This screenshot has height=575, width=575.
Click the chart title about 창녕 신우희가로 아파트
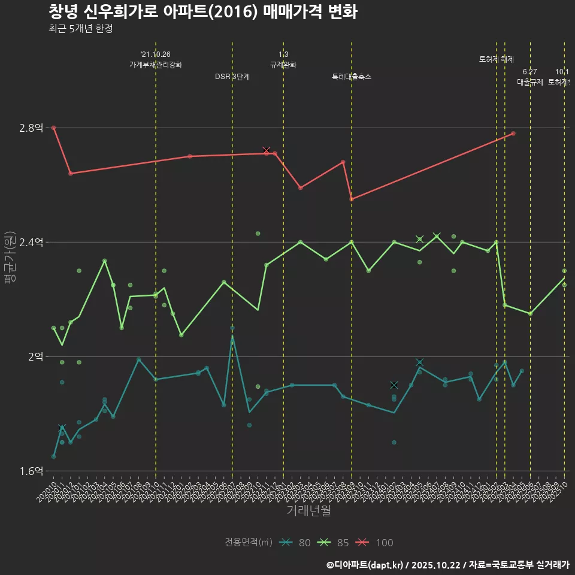[x=202, y=12]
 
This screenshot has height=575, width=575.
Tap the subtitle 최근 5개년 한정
[x=80, y=29]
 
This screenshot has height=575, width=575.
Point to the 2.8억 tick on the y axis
[x=31, y=128]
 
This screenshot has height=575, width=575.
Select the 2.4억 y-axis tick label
[x=31, y=242]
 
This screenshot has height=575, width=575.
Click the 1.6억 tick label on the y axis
[x=31, y=471]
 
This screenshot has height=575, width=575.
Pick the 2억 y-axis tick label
[x=35, y=356]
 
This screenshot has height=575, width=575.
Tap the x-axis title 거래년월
[x=308, y=511]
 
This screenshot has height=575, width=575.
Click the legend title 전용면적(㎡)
[x=249, y=543]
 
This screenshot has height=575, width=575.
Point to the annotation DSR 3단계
[x=232, y=77]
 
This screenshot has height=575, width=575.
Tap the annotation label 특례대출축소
[x=352, y=77]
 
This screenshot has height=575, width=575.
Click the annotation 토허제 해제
[x=497, y=59]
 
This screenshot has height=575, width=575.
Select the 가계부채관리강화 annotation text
[x=156, y=65]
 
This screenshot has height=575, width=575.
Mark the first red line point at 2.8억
[x=53, y=128]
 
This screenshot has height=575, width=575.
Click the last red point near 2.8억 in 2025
[x=513, y=133]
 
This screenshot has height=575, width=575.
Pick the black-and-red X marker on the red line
[x=266, y=150]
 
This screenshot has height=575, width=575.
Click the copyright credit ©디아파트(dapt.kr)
[x=365, y=565]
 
